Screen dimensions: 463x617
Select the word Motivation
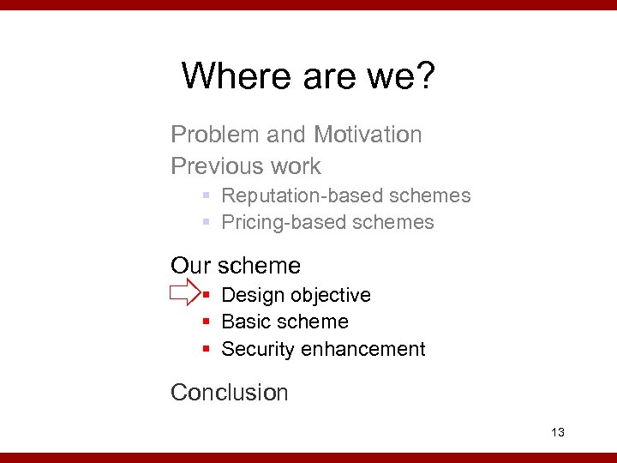[x=368, y=135]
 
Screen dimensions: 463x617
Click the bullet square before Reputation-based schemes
[x=207, y=195]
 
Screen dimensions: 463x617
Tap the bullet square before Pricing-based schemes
[x=207, y=222]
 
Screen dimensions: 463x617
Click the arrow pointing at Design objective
[x=183, y=294]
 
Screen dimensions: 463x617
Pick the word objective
[x=331, y=295]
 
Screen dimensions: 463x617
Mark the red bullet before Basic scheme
[x=207, y=322]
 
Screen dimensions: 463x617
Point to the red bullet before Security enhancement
[x=207, y=350]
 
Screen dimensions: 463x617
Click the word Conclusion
[x=230, y=393]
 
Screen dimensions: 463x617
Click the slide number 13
[x=558, y=432]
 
